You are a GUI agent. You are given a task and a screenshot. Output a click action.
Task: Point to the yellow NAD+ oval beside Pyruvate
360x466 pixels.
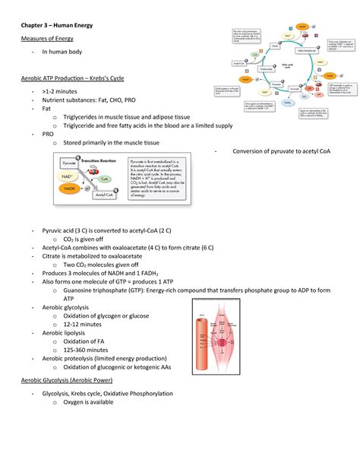pos(68,176)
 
